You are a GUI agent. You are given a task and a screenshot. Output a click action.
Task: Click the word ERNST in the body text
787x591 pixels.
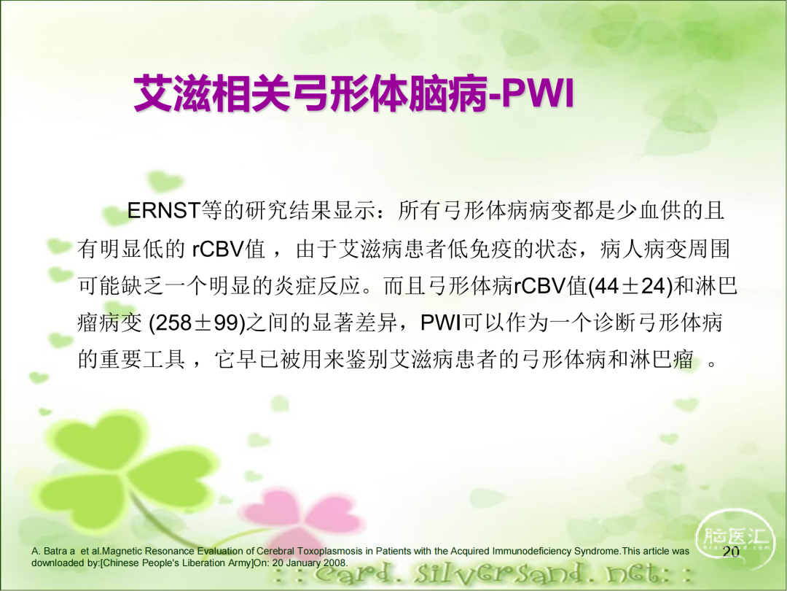(164, 211)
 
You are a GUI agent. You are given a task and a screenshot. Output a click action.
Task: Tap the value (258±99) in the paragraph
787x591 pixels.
(197, 322)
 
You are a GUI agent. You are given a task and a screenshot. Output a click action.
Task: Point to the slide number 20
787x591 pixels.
(731, 552)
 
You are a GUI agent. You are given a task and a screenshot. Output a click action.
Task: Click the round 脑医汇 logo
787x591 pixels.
(735, 538)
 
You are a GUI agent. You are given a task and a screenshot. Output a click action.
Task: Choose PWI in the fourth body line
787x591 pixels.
(441, 322)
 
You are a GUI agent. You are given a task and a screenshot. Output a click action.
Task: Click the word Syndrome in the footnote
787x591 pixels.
(598, 552)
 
